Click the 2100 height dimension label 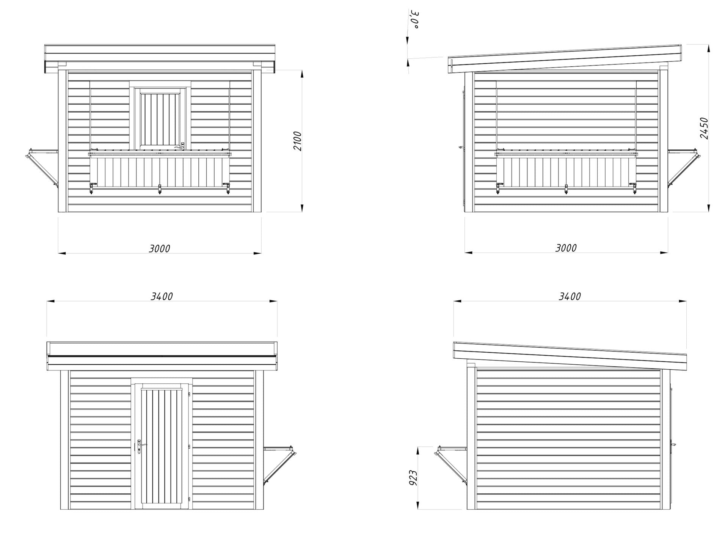pos(298,141)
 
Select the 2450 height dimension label pos(704,128)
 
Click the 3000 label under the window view pos(159,249)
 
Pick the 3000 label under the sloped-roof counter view pos(566,248)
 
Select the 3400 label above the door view pos(162,297)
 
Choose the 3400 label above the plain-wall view pos(570,297)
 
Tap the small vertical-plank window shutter pos(160,118)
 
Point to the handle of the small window pos(179,145)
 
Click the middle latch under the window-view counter pos(160,189)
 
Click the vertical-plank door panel pos(162,446)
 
